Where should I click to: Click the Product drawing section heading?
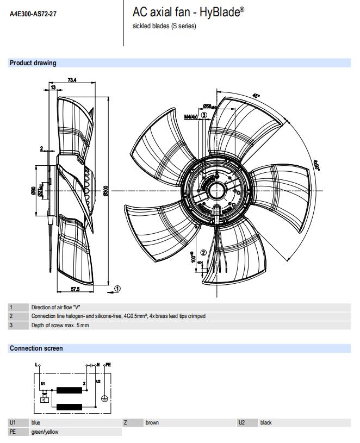(33, 63)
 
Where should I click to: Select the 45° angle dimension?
(257, 96)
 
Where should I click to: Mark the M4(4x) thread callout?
(191, 117)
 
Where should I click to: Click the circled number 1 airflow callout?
(118, 289)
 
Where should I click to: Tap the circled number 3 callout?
(204, 115)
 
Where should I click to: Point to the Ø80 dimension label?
(34, 190)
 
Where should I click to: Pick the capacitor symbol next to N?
(90, 365)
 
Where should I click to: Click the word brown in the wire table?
(152, 422)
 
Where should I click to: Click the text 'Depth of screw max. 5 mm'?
(60, 325)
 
